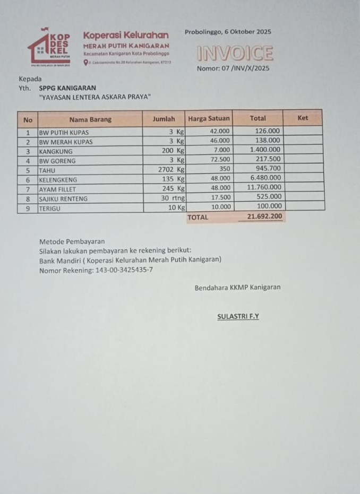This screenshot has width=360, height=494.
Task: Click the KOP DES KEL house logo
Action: coord(49,47)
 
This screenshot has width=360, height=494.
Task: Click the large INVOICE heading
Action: coord(235,54)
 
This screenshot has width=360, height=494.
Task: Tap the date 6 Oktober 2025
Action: coord(245,32)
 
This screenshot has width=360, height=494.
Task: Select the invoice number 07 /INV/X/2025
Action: coord(245,68)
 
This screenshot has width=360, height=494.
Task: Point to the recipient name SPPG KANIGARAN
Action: coord(67,88)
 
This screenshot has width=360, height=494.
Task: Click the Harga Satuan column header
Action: coord(209,119)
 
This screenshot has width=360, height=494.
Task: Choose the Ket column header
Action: coord(303,118)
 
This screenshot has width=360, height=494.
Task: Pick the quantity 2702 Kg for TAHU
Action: coord(171,170)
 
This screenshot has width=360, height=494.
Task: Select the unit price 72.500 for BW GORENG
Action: coord(220,160)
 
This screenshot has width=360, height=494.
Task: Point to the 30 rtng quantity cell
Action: coord(173,198)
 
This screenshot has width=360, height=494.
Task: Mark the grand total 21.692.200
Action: coord(264,216)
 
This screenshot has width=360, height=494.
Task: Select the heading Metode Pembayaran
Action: coord(72,241)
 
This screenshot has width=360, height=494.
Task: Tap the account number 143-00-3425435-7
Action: coord(124,271)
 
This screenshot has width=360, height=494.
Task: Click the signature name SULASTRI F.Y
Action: coord(238,317)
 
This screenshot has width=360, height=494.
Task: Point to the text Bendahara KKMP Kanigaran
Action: coord(237,288)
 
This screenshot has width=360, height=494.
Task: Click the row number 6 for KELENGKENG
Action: coord(27,179)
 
